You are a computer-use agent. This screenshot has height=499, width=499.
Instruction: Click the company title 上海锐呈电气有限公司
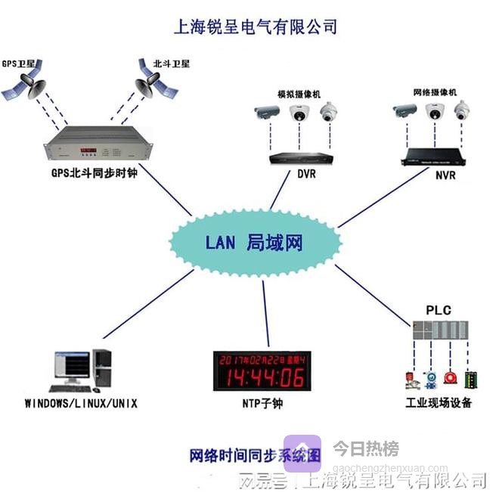(x=255, y=27)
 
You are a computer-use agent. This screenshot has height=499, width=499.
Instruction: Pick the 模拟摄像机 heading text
(x=299, y=93)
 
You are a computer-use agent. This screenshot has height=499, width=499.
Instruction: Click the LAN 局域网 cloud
(x=254, y=243)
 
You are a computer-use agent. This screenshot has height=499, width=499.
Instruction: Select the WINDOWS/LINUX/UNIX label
(x=81, y=402)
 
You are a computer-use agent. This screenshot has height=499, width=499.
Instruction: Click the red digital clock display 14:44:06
(x=262, y=371)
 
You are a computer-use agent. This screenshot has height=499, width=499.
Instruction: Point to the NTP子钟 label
(x=262, y=403)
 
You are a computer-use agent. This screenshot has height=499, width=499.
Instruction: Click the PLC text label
(x=438, y=311)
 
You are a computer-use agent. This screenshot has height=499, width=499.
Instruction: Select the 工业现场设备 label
(x=439, y=403)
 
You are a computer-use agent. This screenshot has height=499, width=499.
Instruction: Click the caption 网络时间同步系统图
(x=256, y=455)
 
